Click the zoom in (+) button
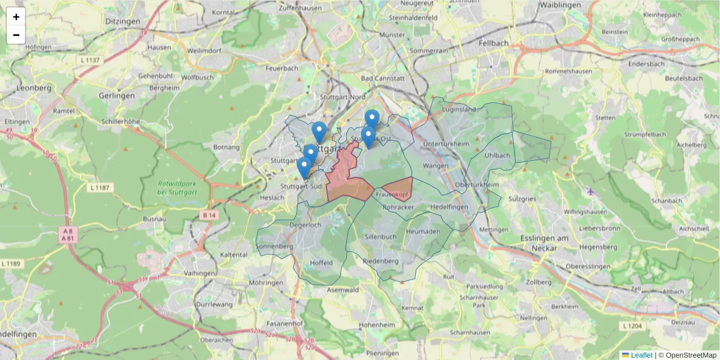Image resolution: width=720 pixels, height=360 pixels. pyautogui.click(x=16, y=17)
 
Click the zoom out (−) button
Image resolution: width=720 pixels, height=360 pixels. pyautogui.click(x=16, y=35)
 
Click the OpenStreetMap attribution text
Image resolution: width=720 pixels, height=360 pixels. pyautogui.click(x=687, y=355)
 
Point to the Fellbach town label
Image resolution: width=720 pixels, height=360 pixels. pyautogui.click(x=494, y=43)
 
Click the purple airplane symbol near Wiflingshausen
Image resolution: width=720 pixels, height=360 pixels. pyautogui.click(x=591, y=192)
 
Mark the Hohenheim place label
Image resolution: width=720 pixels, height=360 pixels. pyautogui.click(x=376, y=325)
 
